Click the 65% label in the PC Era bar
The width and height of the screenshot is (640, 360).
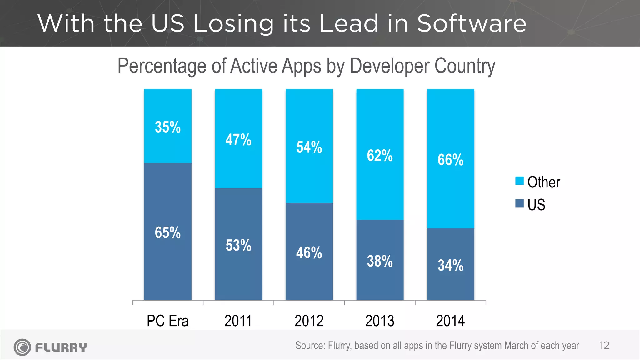tap(168, 233)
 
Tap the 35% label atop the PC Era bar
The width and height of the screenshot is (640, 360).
tap(168, 127)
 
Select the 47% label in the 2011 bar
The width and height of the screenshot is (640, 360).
tap(238, 140)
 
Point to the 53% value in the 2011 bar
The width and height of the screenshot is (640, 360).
tap(238, 245)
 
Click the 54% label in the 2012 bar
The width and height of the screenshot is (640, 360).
tap(309, 147)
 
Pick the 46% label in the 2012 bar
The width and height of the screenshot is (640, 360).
tap(309, 253)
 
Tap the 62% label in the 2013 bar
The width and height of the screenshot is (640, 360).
tap(380, 156)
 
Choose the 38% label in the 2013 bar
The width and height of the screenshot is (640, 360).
tap(380, 261)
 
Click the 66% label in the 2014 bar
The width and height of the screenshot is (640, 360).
tap(450, 160)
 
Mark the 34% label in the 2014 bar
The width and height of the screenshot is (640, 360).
tap(450, 265)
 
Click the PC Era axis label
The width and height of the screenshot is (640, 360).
tap(168, 321)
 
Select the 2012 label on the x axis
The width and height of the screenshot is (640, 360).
tap(309, 321)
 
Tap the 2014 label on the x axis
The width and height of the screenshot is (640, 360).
tap(450, 321)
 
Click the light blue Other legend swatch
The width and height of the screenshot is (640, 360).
tap(519, 181)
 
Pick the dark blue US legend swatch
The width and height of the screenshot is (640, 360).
tap(519, 203)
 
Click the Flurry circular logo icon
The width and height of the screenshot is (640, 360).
tap(22, 347)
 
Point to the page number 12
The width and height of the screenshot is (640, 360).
tap(604, 346)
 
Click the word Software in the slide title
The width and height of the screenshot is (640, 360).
tap(472, 23)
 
